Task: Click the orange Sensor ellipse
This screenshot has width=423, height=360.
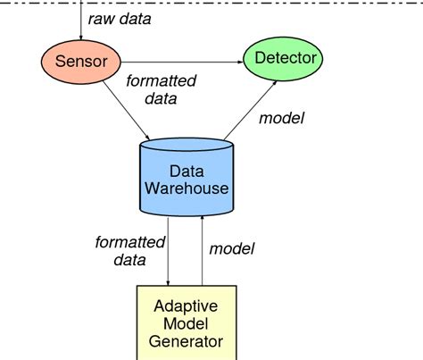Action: (81, 61)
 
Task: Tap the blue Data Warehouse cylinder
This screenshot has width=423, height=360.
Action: (188, 178)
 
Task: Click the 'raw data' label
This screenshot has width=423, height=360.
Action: (118, 18)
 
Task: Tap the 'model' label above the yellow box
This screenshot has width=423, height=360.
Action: (232, 248)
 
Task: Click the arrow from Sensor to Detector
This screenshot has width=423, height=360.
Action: (178, 61)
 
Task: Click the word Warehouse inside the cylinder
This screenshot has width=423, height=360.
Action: (188, 188)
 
